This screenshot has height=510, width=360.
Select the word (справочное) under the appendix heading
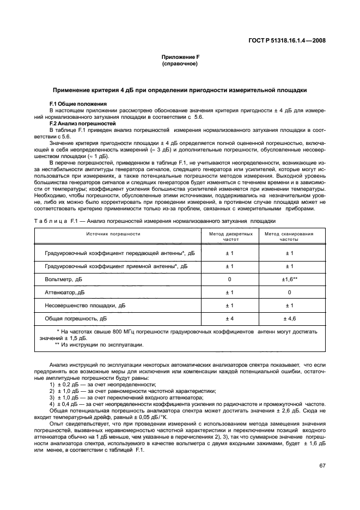(180, 64)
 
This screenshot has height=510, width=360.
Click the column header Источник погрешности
(113, 234)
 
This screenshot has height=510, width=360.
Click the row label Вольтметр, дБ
(64, 279)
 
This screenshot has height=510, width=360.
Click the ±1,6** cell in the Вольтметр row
(289, 279)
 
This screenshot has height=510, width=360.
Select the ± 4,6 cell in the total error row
(289, 318)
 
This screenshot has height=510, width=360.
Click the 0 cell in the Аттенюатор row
(289, 292)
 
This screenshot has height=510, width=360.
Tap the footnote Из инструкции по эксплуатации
(101, 345)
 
